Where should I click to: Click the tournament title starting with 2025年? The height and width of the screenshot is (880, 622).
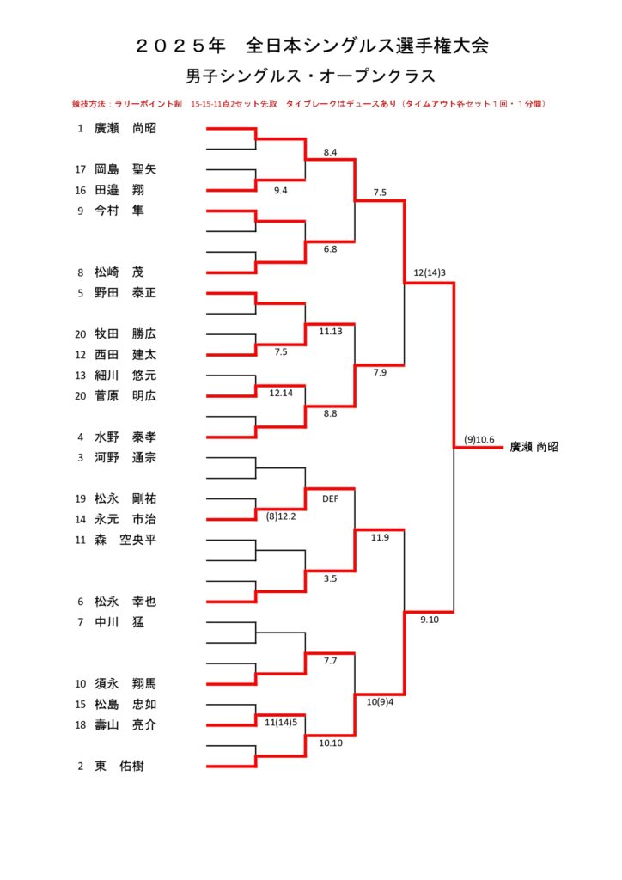coord(312,46)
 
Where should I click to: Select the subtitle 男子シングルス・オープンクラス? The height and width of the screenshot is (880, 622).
coord(310,76)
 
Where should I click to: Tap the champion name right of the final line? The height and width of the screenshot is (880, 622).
coord(534,447)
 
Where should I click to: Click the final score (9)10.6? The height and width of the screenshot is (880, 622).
coord(479,439)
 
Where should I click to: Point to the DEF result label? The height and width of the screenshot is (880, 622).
coord(331,498)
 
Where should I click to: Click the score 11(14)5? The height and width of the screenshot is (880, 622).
coord(281,722)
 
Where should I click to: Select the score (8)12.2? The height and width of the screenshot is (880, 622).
coord(281,516)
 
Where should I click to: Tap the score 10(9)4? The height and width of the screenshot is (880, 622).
coord(380,701)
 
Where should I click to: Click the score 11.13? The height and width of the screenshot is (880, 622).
coord(331,330)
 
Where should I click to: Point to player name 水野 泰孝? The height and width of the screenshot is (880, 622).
coord(125,437)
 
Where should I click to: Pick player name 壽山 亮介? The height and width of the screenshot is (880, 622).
coord(125,725)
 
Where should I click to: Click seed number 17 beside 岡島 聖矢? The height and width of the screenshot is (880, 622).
coord(81,169)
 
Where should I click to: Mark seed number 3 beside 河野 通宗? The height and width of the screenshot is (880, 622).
coord(81,457)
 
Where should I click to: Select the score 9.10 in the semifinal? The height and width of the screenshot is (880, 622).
coord(430,619)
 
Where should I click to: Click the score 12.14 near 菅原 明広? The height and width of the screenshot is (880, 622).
coord(281,392)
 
